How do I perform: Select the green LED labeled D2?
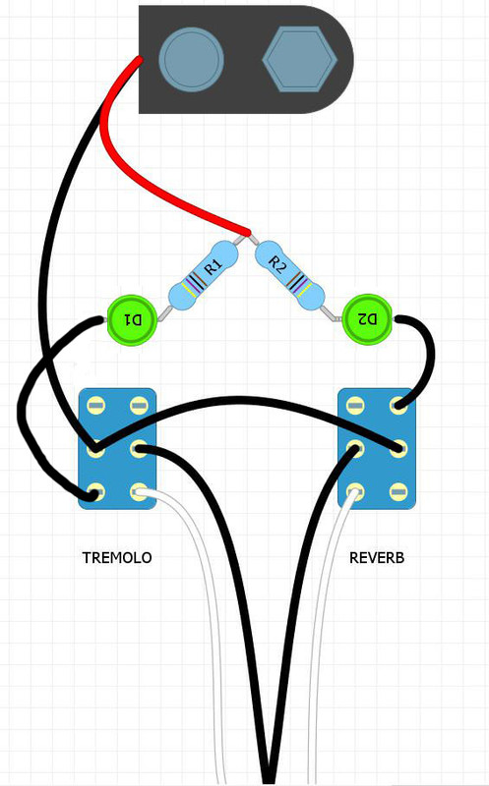click(367, 319)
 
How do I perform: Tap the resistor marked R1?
click(203, 275)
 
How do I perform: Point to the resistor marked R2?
click(289, 275)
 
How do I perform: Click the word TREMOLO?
click(117, 558)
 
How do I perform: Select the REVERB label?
click(377, 558)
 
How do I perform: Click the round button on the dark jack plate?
click(191, 59)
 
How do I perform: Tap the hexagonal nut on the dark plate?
click(300, 59)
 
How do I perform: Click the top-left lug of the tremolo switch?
click(95, 405)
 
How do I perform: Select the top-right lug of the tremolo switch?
click(139, 405)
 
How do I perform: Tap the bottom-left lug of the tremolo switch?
click(95, 492)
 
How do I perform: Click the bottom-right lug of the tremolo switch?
click(139, 492)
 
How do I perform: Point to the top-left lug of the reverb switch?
click(355, 404)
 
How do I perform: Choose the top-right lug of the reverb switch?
click(398, 404)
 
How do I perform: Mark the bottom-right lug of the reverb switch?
click(398, 492)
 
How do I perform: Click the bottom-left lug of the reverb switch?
click(355, 492)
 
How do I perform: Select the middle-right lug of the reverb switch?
click(398, 448)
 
